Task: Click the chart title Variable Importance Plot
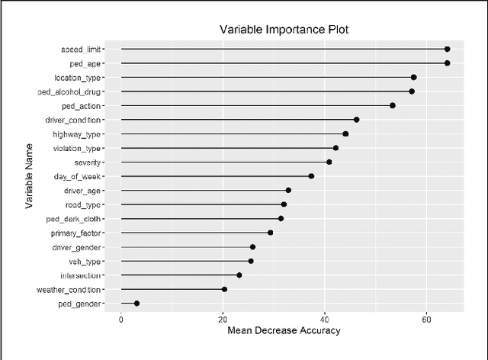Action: click(284, 30)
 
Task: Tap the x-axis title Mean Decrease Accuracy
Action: click(284, 330)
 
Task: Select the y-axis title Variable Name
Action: click(28, 176)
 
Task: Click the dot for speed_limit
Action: click(447, 49)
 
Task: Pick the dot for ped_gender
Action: click(136, 304)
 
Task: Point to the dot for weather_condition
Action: click(224, 289)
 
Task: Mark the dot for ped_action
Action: click(393, 105)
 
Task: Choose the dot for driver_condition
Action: click(356, 120)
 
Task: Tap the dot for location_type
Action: click(413, 77)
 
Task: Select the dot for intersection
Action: click(239, 275)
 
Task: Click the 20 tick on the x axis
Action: click(223, 318)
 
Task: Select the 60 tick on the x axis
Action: click(426, 318)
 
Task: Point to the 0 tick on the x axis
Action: click(121, 318)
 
